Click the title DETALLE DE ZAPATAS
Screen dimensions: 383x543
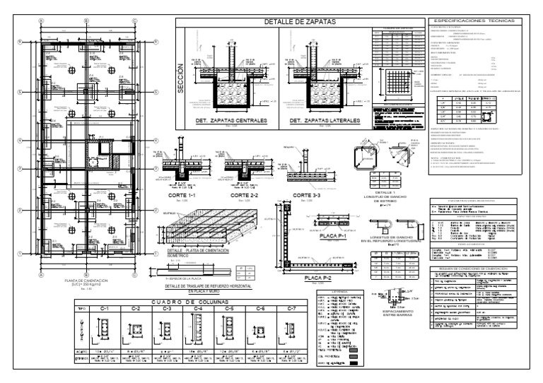click(299, 22)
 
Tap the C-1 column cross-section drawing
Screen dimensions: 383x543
click(104, 328)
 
